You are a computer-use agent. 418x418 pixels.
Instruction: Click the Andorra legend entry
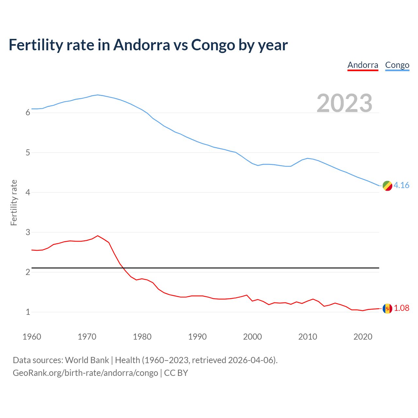pos(363,65)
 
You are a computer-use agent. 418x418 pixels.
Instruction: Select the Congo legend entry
pos(397,65)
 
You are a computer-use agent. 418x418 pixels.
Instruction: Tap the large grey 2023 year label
pos(345,103)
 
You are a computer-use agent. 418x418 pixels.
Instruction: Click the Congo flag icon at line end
pos(387,185)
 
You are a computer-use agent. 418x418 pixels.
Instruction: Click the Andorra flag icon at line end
pos(387,308)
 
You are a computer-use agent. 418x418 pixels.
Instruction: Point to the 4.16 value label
pos(401,185)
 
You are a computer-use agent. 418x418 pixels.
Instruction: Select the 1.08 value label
pos(401,308)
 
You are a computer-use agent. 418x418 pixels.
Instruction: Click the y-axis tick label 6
pos(28,113)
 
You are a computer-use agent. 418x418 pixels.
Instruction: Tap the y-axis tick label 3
pos(28,232)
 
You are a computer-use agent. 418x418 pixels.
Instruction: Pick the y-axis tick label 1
pos(28,312)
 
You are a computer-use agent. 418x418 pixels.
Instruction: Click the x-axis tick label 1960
pos(32,337)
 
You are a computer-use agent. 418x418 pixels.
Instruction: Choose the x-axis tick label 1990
pos(197,337)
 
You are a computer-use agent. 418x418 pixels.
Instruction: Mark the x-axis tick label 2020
pos(363,337)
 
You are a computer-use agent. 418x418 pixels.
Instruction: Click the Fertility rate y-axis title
pos(14,202)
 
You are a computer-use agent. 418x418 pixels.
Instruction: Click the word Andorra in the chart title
pos(141,45)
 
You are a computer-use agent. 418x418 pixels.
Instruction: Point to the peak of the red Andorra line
pos(98,235)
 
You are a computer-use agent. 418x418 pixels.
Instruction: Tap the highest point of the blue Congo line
pos(98,95)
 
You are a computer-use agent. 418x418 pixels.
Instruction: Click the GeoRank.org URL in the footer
pos(85,373)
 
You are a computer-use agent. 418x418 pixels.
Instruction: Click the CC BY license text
pos(176,373)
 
